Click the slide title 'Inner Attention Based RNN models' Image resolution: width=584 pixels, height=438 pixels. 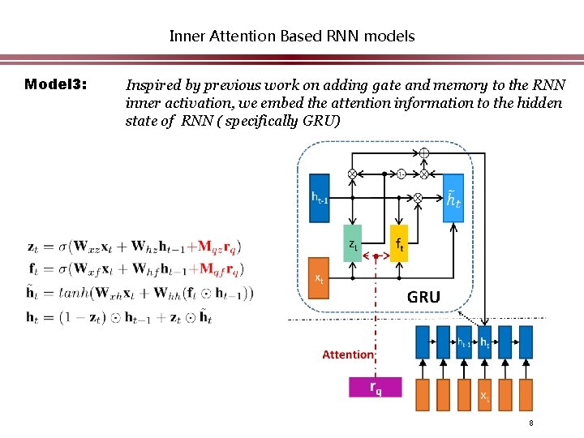(291, 36)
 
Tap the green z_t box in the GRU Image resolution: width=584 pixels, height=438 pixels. (352, 243)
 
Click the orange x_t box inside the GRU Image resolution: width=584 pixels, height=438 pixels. (320, 278)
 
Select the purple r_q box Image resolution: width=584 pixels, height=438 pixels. (375, 387)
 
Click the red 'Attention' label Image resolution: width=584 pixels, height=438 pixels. (348, 354)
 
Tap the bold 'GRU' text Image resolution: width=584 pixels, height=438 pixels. (423, 297)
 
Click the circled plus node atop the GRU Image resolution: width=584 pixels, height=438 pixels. (424, 153)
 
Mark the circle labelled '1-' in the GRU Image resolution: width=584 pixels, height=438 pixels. (401, 173)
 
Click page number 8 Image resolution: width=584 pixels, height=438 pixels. (530, 423)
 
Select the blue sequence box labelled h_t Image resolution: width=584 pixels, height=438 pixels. (485, 342)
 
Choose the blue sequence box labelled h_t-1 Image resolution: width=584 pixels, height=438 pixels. (464, 342)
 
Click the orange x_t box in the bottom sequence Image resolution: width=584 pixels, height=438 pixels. (485, 396)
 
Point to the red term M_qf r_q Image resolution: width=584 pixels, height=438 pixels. (221, 269)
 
